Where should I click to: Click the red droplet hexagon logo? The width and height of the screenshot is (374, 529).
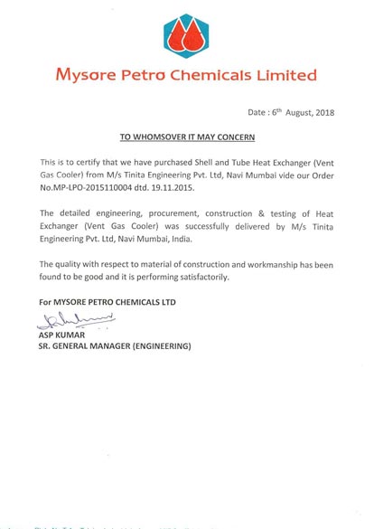tap(185, 35)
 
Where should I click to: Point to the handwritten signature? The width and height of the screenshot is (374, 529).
tap(78, 317)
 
